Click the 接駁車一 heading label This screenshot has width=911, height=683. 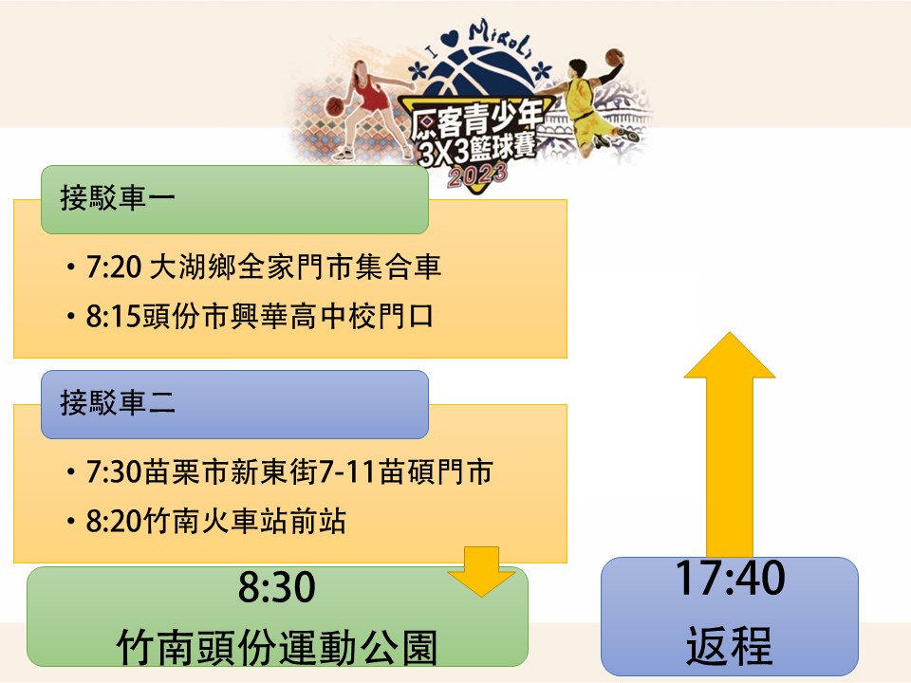118,197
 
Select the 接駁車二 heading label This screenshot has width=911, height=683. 118,402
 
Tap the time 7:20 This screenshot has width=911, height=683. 114,268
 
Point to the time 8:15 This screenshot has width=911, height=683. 114,317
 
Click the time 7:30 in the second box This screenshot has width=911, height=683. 114,471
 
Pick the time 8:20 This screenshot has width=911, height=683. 114,521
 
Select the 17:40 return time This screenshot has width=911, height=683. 731,578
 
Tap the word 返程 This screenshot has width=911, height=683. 730,645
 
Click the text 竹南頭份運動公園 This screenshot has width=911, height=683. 276,647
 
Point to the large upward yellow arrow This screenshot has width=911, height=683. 730,444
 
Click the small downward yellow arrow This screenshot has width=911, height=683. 481,571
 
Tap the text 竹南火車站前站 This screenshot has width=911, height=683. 245,521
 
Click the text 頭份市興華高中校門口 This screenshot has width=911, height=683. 288,317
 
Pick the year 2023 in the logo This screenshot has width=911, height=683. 477,175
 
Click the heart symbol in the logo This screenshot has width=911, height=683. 449,40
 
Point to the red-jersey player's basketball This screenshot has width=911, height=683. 335,106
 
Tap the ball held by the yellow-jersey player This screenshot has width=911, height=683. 614,57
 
